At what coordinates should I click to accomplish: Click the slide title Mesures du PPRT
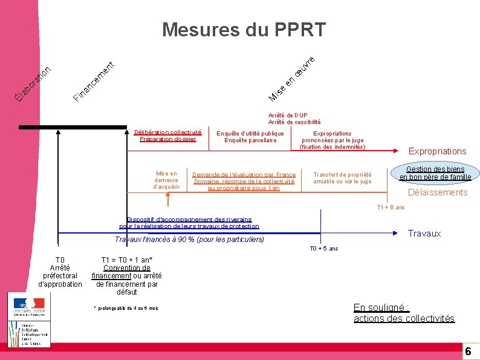(x=244, y=29)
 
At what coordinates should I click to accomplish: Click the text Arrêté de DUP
(x=288, y=115)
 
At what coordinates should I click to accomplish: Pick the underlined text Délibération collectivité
(x=167, y=132)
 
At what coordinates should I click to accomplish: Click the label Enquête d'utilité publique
(x=250, y=133)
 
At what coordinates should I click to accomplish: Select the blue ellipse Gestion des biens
(x=435, y=173)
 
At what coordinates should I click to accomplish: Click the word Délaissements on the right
(x=438, y=192)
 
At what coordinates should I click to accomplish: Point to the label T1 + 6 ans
(x=391, y=208)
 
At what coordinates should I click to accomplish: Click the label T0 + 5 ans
(x=324, y=249)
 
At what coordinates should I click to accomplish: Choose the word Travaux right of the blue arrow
(x=424, y=234)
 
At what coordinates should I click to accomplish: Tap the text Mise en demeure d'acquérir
(x=166, y=180)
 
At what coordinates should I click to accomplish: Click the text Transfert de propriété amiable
(x=342, y=178)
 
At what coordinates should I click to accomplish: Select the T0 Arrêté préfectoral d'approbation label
(x=60, y=272)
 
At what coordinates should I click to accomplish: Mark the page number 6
(x=467, y=352)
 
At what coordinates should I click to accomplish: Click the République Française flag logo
(x=28, y=304)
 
